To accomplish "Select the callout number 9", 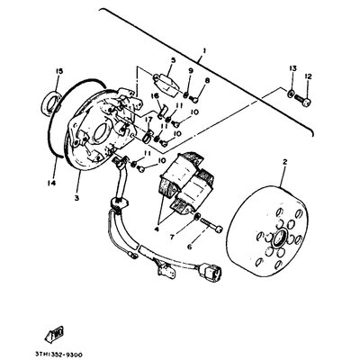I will coord(190,71).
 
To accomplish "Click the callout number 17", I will coord(147,118).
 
